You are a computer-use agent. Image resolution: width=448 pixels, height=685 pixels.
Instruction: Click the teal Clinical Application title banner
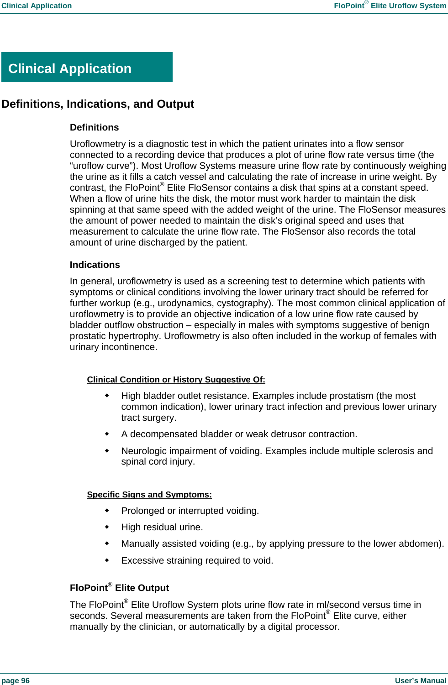point(87,68)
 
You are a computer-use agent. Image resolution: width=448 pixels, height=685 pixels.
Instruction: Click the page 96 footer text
point(16,680)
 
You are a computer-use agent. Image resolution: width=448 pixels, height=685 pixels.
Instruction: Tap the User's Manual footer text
point(420,680)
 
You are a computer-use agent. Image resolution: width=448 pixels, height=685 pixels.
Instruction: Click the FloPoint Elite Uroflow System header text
point(390,6)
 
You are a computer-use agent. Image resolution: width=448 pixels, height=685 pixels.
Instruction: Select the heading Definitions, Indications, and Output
point(98,104)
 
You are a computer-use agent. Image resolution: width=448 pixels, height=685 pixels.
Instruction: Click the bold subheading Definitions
point(94,127)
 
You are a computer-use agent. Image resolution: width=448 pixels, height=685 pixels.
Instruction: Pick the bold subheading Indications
point(95,265)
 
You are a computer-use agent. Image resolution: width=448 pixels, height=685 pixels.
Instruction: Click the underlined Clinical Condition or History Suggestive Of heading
point(176,380)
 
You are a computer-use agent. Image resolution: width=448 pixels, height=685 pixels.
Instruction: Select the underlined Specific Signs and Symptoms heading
point(149,495)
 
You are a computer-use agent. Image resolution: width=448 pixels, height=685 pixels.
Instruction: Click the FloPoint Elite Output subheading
point(119,588)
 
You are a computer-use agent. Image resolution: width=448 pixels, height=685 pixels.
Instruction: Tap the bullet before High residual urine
point(107,527)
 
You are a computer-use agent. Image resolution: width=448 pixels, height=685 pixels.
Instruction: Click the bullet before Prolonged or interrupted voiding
point(107,510)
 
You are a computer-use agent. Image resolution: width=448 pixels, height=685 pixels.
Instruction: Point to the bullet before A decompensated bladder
point(107,434)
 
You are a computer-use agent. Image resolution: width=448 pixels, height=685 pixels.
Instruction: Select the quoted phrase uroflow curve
point(102,166)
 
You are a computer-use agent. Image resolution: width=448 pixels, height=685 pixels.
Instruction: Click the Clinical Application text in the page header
point(37,6)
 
